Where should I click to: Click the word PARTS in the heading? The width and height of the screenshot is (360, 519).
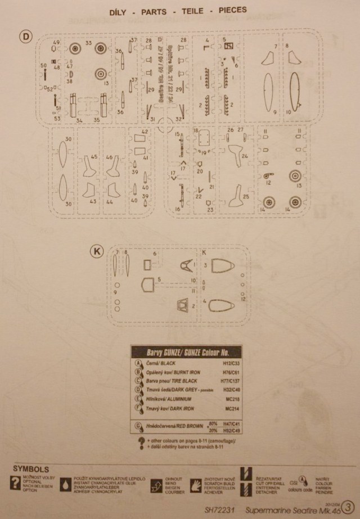pyautogui.click(x=164, y=10)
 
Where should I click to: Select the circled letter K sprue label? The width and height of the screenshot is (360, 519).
pyautogui.click(x=97, y=252)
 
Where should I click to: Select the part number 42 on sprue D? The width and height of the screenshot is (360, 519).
pyautogui.click(x=145, y=132)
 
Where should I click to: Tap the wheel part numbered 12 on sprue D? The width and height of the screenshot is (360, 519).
pyautogui.click(x=268, y=175)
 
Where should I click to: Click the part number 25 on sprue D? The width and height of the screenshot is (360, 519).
pyautogui.click(x=246, y=197)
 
